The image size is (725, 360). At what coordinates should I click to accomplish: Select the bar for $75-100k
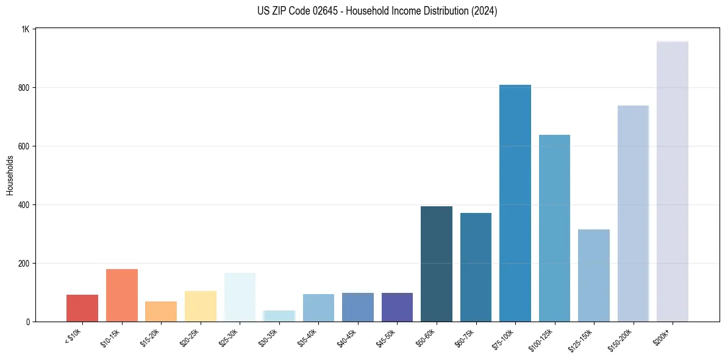[515, 203]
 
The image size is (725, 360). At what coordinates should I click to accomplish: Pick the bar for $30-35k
[279, 316]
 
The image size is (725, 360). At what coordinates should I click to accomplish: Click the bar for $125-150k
[593, 275]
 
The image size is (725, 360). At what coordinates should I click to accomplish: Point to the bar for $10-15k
[121, 295]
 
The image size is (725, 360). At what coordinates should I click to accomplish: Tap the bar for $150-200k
[633, 214]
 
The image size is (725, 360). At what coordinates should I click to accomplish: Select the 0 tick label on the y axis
[28, 322]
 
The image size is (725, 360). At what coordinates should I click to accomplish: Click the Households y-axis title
[10, 175]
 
